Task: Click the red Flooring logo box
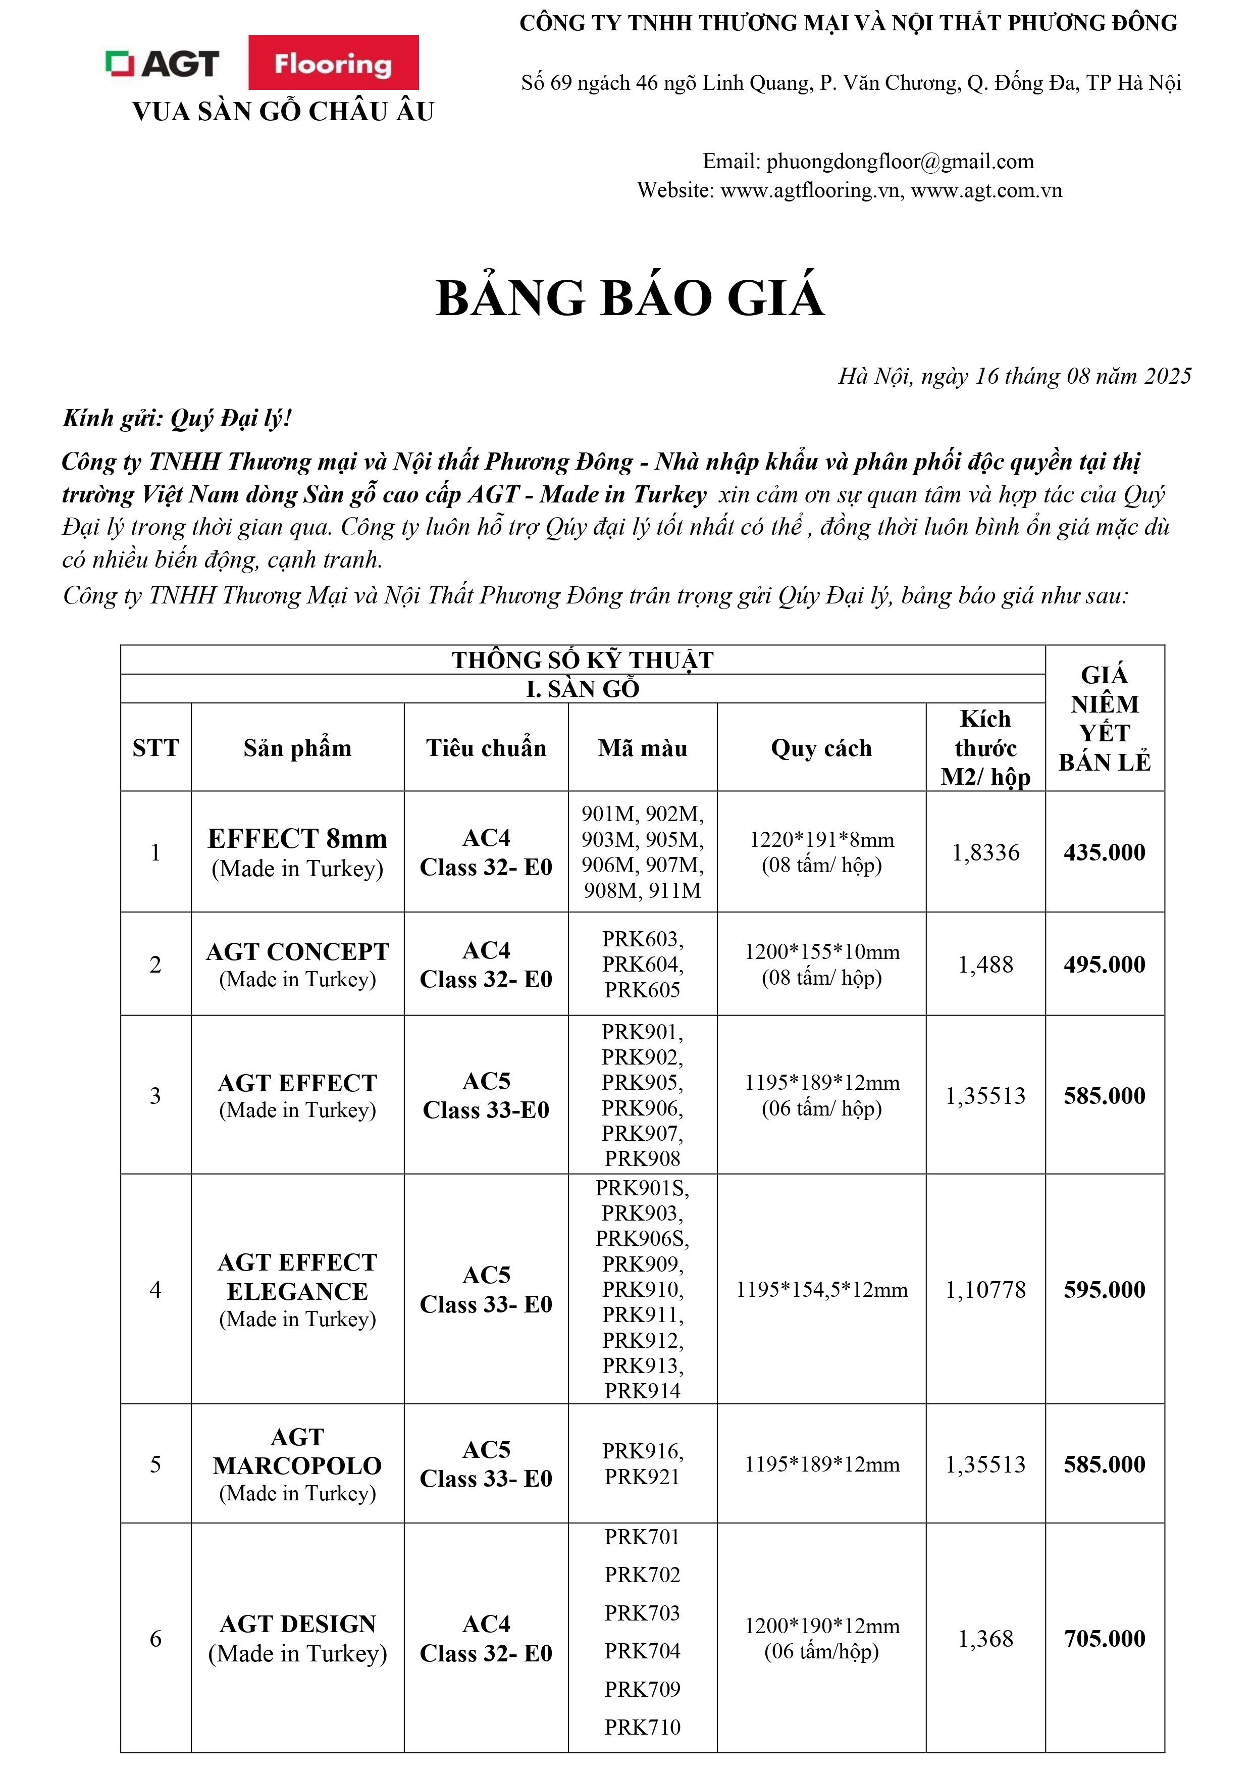click(333, 63)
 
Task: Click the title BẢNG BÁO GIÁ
click(631, 298)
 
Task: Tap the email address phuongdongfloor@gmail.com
click(900, 161)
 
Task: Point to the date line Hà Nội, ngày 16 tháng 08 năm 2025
click(1015, 376)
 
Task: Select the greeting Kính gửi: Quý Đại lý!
click(177, 418)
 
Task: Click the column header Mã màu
click(642, 748)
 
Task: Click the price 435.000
click(1104, 852)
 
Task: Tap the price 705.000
click(1104, 1639)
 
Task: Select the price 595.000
click(1104, 1290)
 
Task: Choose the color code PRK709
click(642, 1689)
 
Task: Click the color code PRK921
click(642, 1477)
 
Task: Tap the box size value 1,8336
click(985, 852)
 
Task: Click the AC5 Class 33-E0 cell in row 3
click(486, 1095)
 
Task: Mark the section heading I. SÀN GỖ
click(583, 688)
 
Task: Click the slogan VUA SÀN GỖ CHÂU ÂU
click(283, 112)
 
